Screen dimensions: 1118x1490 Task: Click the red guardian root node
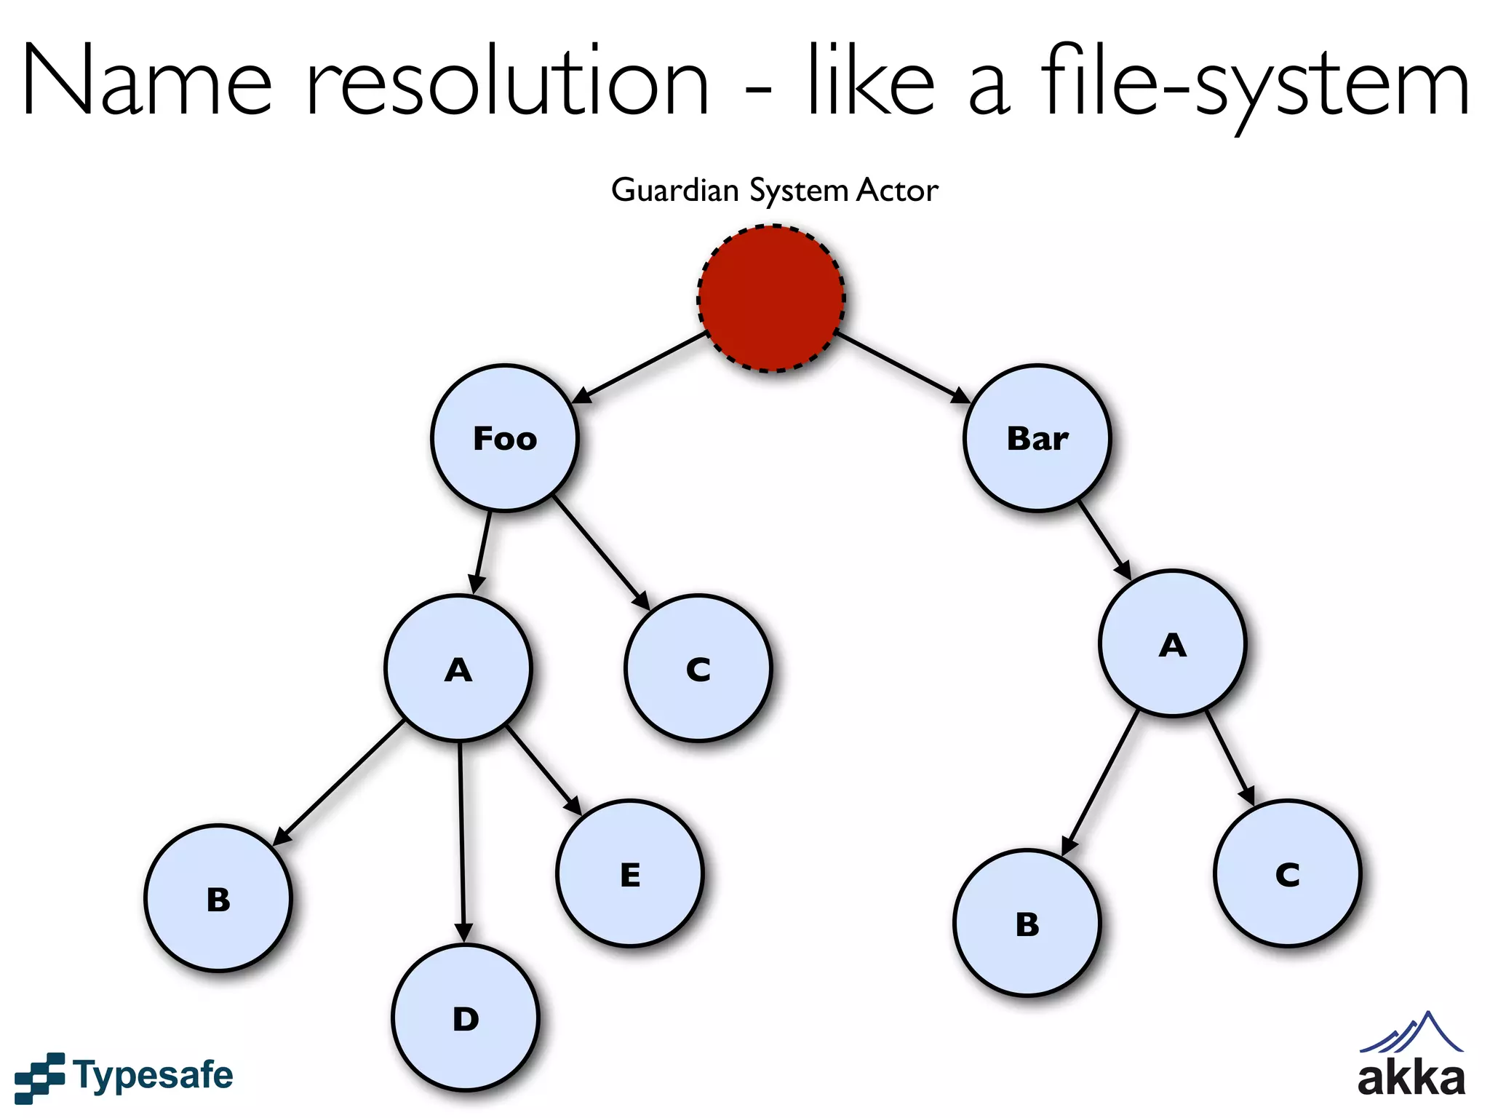[x=771, y=298]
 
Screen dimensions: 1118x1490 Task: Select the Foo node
[x=504, y=438]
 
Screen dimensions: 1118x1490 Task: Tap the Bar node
[x=1037, y=438]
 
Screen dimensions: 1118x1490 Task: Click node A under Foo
[x=458, y=668]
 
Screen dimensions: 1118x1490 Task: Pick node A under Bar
[x=1173, y=644]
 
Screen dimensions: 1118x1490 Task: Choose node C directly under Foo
[x=698, y=668]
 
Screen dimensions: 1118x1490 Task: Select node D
[x=466, y=1018]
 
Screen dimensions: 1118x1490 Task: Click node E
[x=630, y=873]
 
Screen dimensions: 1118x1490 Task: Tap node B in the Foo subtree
[x=218, y=898]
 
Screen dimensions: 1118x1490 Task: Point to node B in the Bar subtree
[x=1027, y=923]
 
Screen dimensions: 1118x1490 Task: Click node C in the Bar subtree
[x=1287, y=873]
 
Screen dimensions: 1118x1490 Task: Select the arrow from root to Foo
[x=640, y=367]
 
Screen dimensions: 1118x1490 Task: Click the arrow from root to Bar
[x=902, y=367]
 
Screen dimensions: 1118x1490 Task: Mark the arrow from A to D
[x=461, y=837]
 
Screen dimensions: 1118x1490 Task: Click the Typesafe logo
[x=124, y=1076]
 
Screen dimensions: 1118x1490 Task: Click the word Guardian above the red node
[x=675, y=191]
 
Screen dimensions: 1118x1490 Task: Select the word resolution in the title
[x=508, y=82]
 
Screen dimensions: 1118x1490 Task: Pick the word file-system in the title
[x=1255, y=82]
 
